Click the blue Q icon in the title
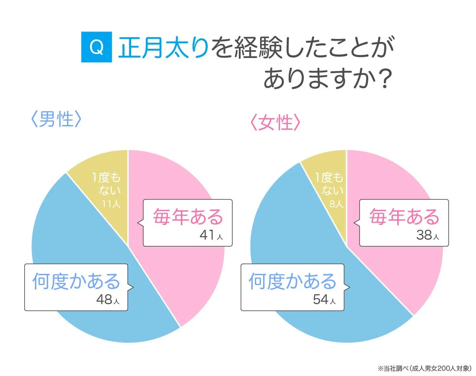[97, 48]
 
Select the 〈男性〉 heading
[57, 120]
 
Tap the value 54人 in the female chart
[324, 299]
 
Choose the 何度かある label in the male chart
[76, 281]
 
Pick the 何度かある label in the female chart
[293, 281]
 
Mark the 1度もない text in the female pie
[329, 184]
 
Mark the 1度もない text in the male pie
[106, 183]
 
